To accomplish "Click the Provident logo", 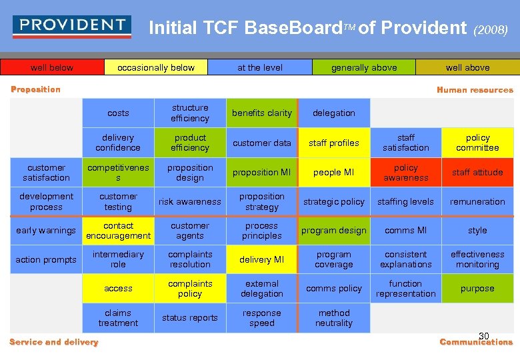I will tap(72, 26).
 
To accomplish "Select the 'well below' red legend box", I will tap(52, 67).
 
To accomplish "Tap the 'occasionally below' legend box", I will tap(156, 67).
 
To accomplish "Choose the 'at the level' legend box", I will tap(260, 67).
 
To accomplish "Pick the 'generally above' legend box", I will tap(364, 67).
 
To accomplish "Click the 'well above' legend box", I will tap(467, 67).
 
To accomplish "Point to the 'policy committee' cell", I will tap(477, 143).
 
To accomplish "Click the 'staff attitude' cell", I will tap(477, 172).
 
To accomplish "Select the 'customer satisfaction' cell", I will tap(46, 172).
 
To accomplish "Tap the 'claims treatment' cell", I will tap(118, 318).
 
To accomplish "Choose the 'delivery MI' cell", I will tap(262, 259).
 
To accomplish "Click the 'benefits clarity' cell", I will tap(262, 113).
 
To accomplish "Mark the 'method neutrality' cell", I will tap(334, 318).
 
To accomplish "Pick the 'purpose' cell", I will tap(477, 289).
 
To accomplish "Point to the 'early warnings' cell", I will tap(46, 231).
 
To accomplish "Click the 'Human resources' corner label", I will tap(475, 90).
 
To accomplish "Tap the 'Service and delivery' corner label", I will tap(54, 342).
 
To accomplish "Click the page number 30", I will tap(484, 335).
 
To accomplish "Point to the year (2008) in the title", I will tap(491, 29).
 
